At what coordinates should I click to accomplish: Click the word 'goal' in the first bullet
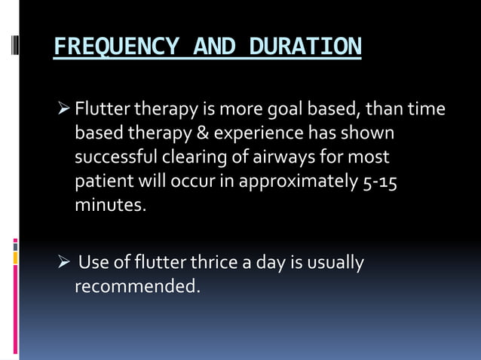pyautogui.click(x=286, y=110)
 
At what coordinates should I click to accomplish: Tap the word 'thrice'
pyautogui.click(x=207, y=263)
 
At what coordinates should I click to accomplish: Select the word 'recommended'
pyautogui.click(x=137, y=287)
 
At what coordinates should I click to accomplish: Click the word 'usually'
pyautogui.click(x=335, y=264)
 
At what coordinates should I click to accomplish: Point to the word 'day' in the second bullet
pyautogui.click(x=274, y=264)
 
